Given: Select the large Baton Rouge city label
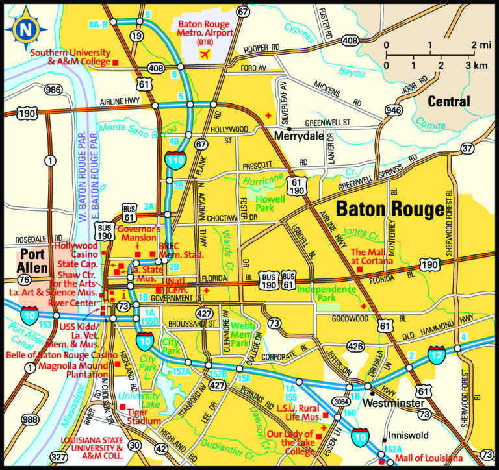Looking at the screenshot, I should pos(390,209).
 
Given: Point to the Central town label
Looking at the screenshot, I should pos(448,101).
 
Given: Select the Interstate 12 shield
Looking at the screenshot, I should pos(437,355).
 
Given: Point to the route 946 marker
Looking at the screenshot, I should pos(394,110).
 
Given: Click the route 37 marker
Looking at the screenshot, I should pos(467,149).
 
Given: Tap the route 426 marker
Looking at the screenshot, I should pos(355,347).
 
